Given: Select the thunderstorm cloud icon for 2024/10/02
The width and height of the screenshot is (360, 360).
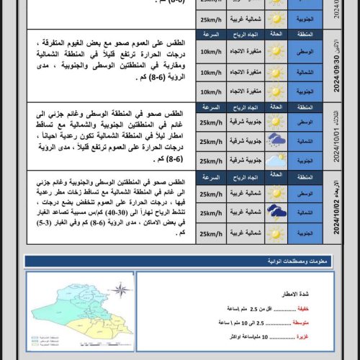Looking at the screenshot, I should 276,212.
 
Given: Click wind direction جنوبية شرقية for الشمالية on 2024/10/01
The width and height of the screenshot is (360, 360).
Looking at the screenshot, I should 243,142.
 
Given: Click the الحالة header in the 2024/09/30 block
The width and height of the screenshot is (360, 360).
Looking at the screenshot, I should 276,35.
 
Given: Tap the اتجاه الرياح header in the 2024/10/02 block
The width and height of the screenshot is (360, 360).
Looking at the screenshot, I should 243,176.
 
